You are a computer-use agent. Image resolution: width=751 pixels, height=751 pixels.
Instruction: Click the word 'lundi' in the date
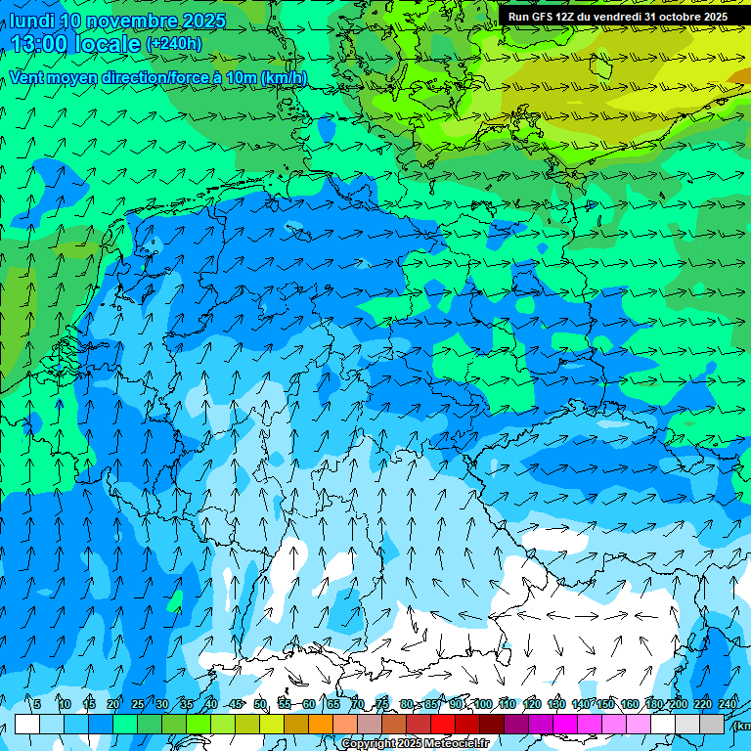point(31,21)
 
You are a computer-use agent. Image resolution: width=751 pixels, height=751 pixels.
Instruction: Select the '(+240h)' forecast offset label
point(173,44)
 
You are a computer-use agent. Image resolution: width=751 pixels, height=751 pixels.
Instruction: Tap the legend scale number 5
point(37,704)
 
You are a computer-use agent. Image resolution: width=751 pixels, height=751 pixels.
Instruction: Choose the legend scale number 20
point(113,704)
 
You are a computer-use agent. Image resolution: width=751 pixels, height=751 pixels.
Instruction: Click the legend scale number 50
point(260,704)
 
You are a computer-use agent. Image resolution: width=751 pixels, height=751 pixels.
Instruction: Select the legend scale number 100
point(483,704)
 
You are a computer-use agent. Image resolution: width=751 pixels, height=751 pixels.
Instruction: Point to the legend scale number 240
point(728,704)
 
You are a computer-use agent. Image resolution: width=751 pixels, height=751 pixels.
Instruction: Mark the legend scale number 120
point(532,704)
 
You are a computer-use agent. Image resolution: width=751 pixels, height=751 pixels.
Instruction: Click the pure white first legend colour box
point(27,724)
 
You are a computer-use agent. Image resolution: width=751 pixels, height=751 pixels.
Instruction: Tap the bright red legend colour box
point(443,724)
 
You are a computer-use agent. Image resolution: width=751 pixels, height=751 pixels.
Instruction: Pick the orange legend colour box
point(321,724)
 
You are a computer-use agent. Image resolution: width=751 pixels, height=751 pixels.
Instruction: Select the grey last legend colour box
point(712,724)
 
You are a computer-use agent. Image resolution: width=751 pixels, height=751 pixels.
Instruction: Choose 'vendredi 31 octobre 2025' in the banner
point(665,17)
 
